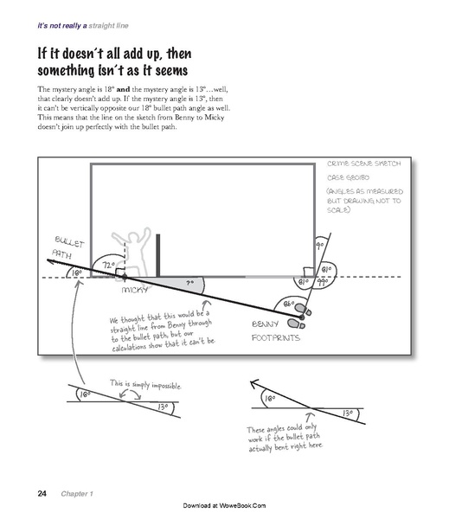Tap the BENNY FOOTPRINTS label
(276, 332)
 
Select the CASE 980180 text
(350, 177)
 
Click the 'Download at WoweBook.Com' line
(224, 504)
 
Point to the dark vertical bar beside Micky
(158, 252)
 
